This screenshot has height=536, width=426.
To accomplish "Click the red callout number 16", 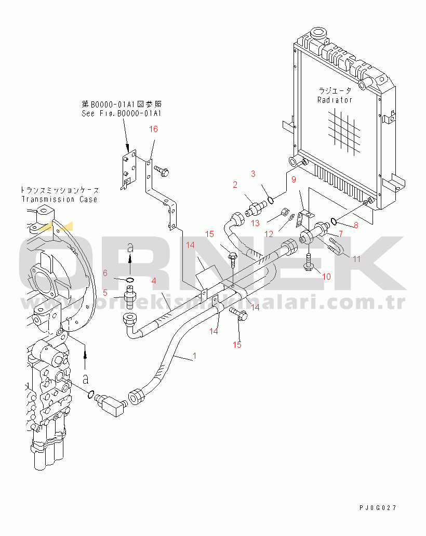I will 153,129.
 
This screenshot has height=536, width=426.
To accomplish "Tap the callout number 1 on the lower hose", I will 194,356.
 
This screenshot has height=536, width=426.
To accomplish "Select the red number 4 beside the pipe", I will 154,281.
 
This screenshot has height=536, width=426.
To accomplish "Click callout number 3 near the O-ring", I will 253,174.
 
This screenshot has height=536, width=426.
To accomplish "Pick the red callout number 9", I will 293,180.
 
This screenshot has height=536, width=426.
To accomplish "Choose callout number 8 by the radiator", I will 356,225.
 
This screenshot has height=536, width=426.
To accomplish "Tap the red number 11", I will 356,258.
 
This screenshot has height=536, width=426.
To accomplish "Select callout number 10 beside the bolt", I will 326,277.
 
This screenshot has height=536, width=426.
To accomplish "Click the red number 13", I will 255,223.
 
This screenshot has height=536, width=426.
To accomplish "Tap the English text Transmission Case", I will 59,199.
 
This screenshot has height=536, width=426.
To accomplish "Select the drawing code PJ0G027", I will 380,507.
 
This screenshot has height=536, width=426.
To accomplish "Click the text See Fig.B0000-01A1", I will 122,113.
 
